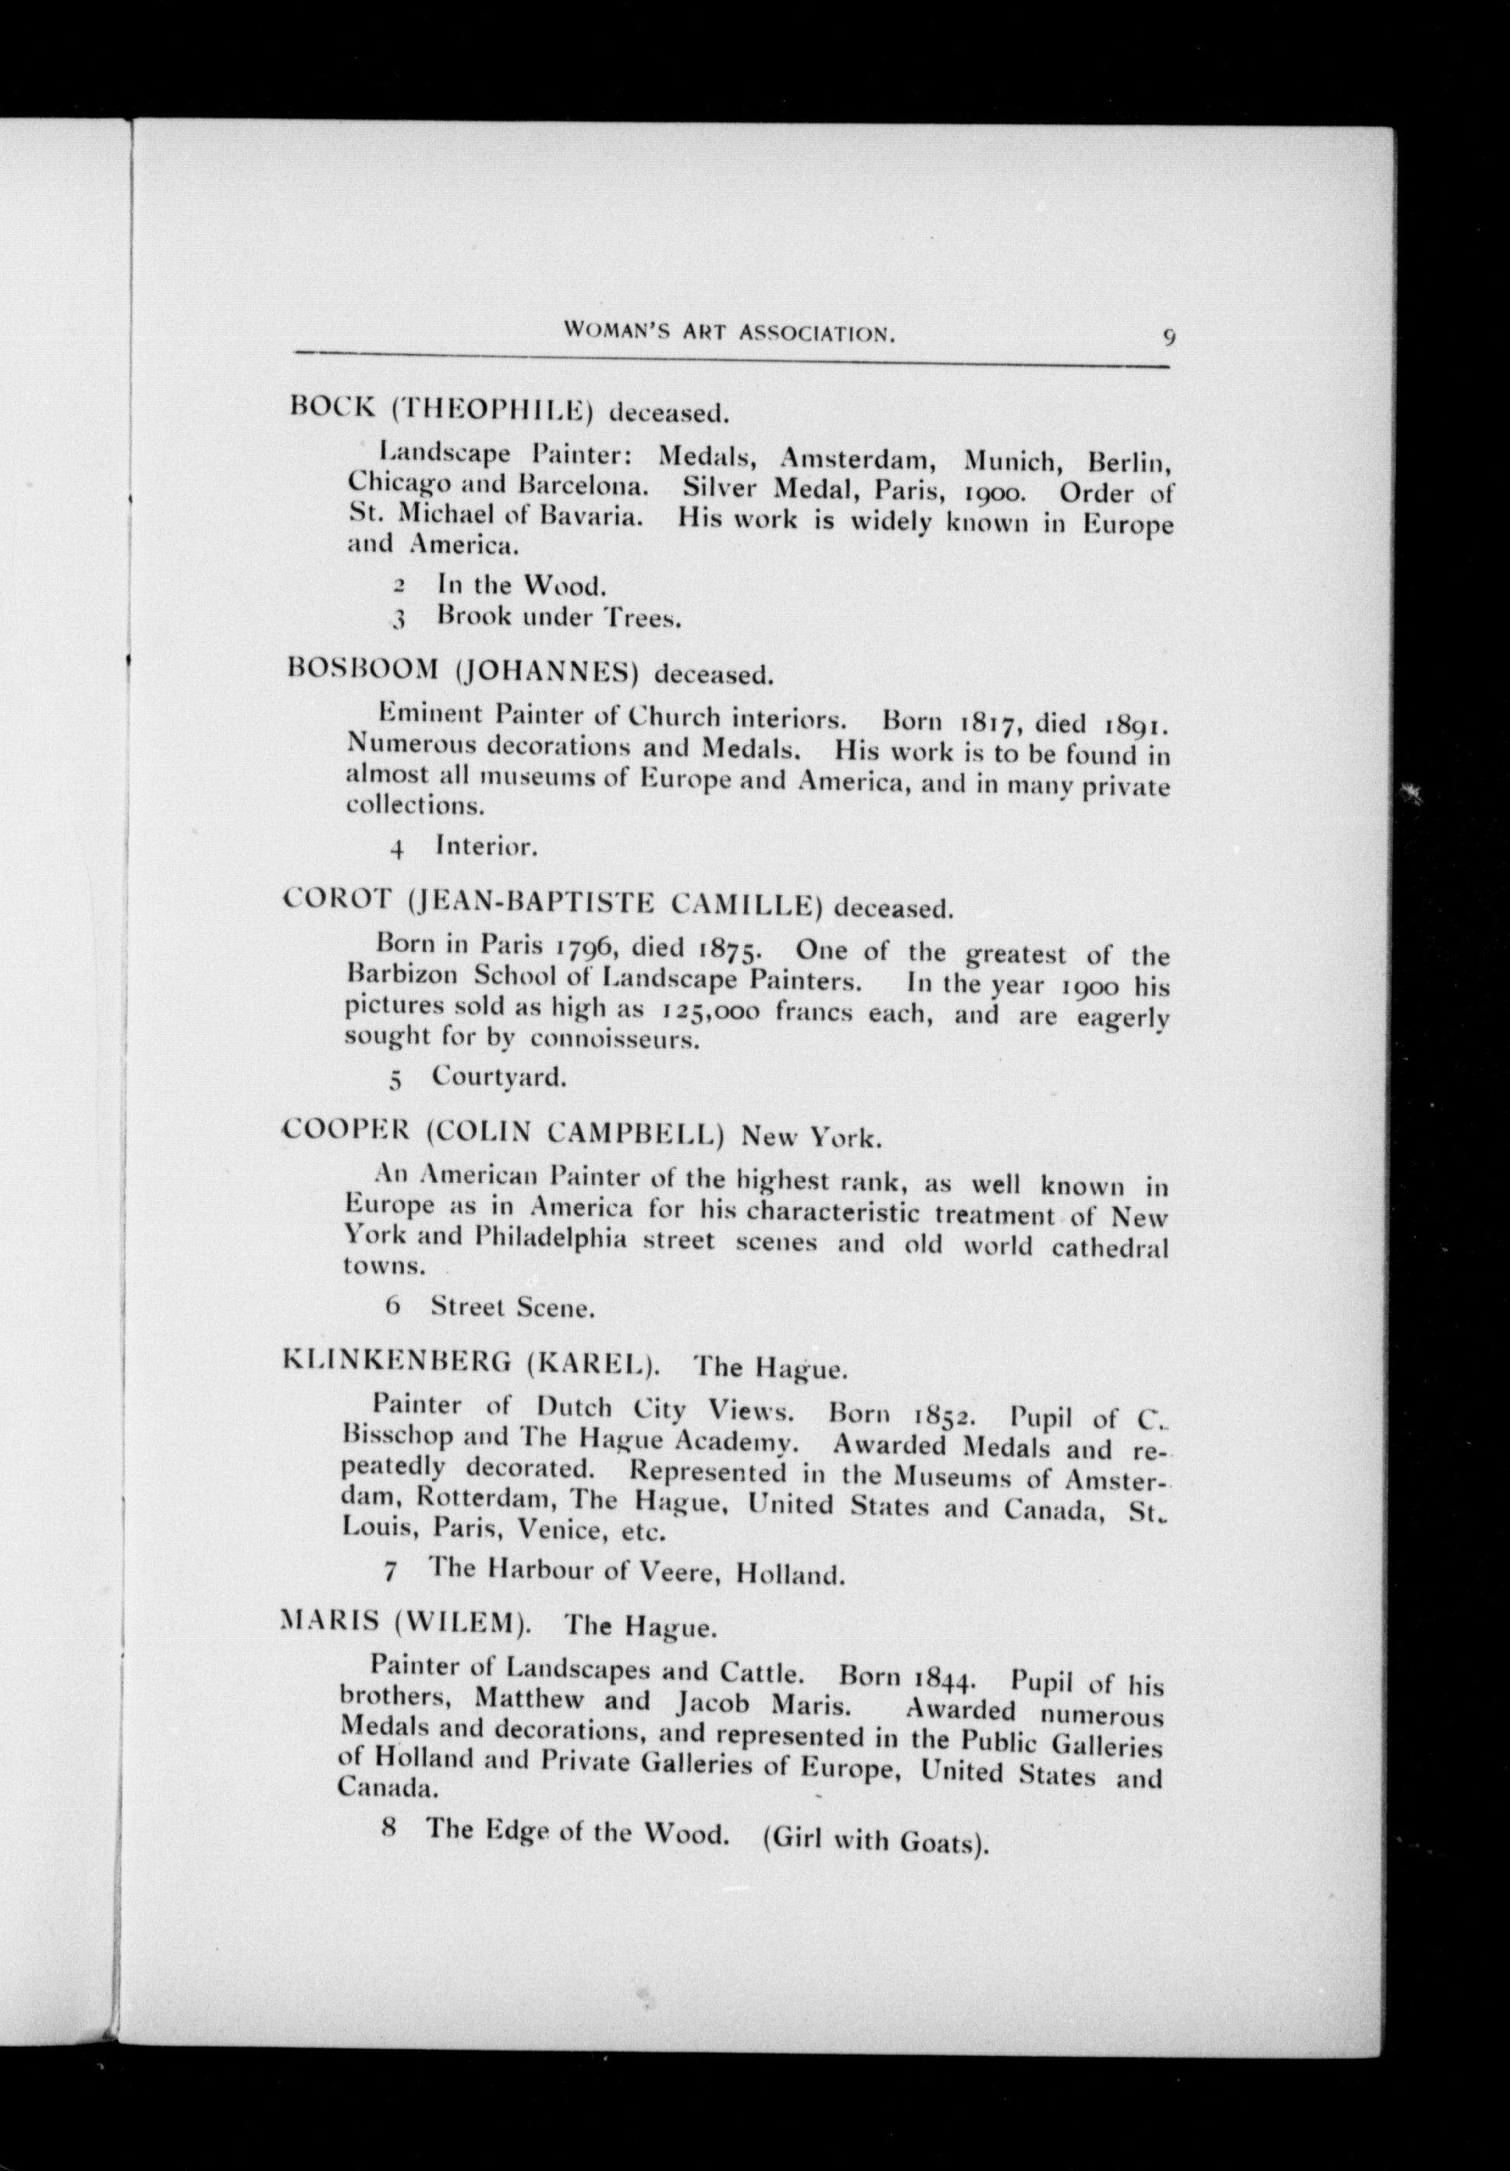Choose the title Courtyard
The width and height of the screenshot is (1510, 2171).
click(x=498, y=1076)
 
